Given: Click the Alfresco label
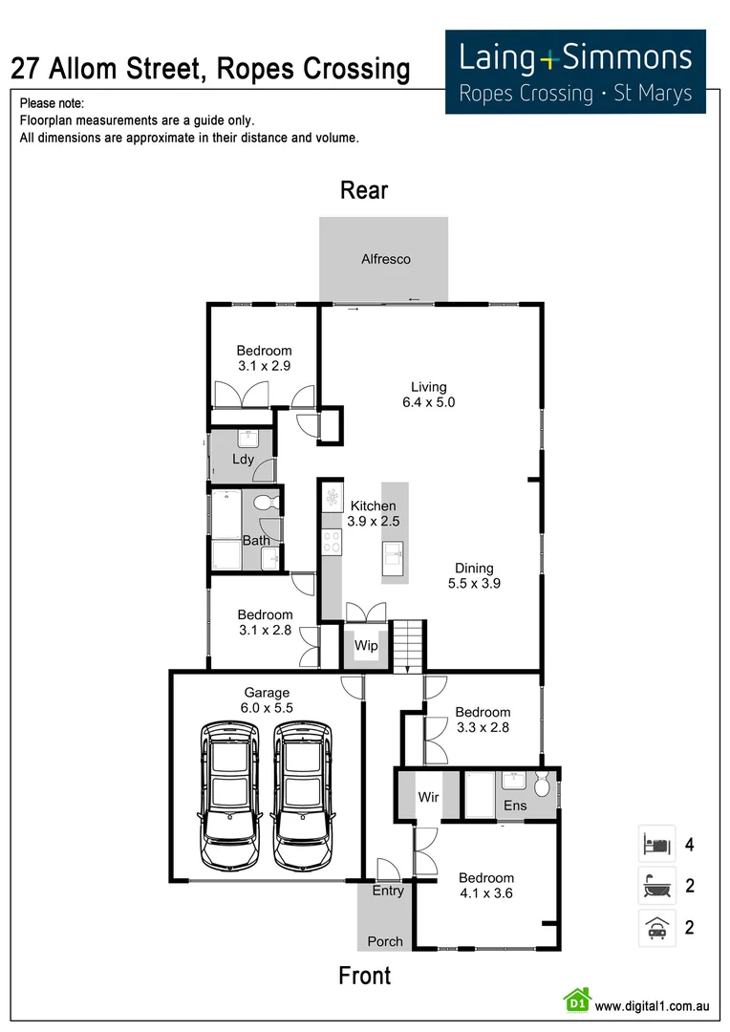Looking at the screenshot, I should click(x=386, y=259).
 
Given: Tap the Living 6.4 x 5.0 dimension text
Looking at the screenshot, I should click(x=428, y=403).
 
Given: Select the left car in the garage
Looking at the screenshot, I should click(x=230, y=795).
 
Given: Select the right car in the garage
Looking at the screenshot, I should click(x=303, y=795).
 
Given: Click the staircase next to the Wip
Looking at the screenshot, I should click(x=408, y=645).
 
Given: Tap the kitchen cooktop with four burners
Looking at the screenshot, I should click(x=332, y=542).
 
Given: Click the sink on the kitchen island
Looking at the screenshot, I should click(x=395, y=552).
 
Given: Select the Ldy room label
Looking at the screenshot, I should click(x=243, y=460).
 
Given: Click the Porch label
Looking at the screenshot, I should click(x=385, y=941).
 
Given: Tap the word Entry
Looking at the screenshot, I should click(x=388, y=891).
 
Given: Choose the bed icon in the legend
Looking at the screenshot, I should click(x=656, y=845).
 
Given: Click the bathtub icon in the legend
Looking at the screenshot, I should click(x=656, y=886).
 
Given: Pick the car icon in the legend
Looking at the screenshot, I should click(x=656, y=927).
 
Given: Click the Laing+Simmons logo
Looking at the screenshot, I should click(x=575, y=72).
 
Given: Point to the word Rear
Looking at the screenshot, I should click(x=364, y=190).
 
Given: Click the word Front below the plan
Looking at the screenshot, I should click(x=364, y=976).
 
